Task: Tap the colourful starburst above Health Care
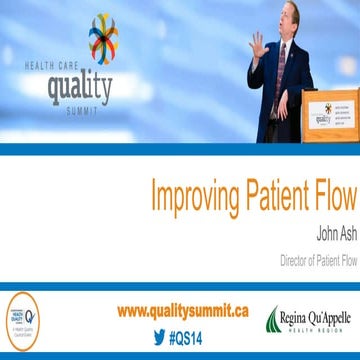[x=102, y=37]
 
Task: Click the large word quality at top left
[x=81, y=89]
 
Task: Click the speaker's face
[x=286, y=17]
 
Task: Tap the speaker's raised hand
[x=259, y=46]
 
